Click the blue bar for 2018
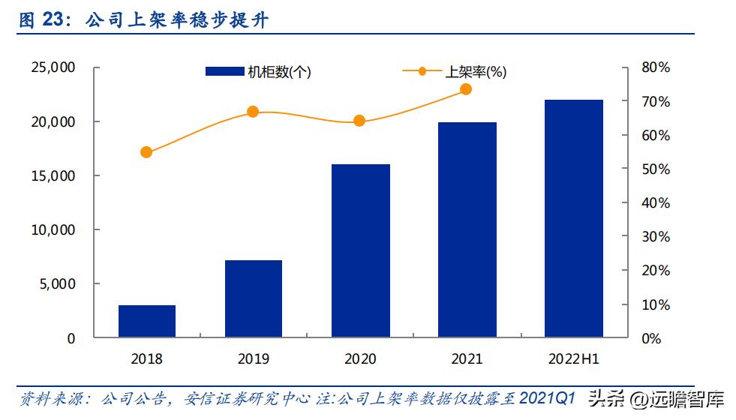click(146, 321)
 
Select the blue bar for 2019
click(253, 298)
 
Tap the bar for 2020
click(360, 250)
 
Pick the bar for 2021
click(467, 229)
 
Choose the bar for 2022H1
click(573, 218)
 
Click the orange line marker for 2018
click(146, 152)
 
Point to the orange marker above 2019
click(253, 112)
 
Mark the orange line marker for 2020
click(359, 121)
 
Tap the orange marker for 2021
click(466, 89)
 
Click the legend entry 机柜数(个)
click(258, 72)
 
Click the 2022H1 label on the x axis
click(574, 359)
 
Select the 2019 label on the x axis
click(253, 359)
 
